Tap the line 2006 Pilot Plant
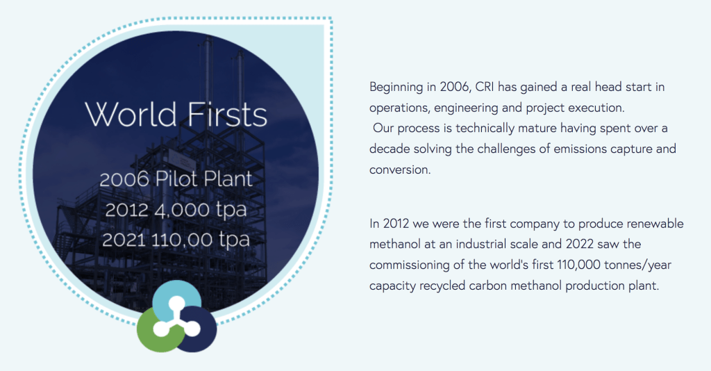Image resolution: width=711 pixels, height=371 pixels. click(x=176, y=179)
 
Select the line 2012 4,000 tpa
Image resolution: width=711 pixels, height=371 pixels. click(x=176, y=210)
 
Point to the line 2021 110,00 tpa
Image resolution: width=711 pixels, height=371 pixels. click(x=176, y=240)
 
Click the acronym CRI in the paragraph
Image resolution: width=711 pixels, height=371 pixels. click(x=484, y=87)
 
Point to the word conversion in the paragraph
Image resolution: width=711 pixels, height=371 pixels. click(x=400, y=170)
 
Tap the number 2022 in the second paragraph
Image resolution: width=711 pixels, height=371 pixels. click(x=580, y=244)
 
